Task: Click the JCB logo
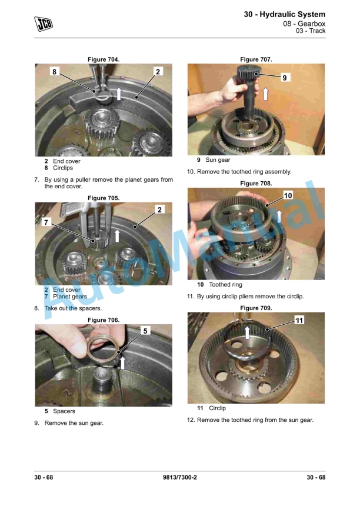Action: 44,24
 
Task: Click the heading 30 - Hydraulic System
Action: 284,14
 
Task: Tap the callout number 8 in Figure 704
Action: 55,71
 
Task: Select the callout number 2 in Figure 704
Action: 158,71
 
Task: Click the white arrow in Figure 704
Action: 119,94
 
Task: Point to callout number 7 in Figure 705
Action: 46,222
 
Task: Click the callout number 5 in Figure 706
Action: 145,331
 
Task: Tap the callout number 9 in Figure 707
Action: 285,78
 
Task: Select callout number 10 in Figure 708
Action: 288,195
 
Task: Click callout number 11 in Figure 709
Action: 299,320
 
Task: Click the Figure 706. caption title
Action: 104,320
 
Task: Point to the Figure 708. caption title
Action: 256,184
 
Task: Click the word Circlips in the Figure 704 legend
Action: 63,168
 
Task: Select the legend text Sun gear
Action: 218,159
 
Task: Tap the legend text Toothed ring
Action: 226,285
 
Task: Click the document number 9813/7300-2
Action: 180,477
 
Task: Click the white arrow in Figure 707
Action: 265,94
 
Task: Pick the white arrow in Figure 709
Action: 248,333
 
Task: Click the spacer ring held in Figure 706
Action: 101,347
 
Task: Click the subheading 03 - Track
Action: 311,31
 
